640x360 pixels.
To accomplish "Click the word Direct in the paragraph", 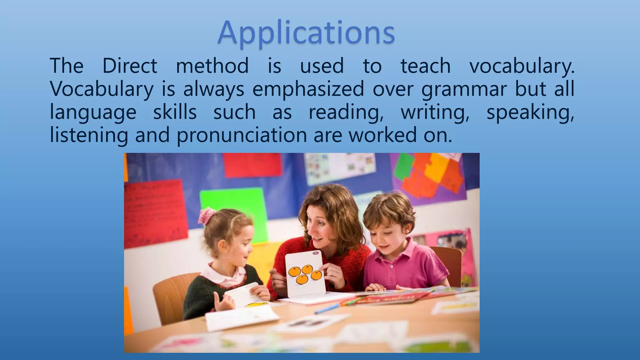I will [130, 66].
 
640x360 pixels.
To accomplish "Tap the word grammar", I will [464, 89].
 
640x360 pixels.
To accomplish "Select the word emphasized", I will [308, 89].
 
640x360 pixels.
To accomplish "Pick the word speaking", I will [530, 112].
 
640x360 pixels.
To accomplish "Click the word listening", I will [89, 135].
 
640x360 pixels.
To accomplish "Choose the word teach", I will [425, 66].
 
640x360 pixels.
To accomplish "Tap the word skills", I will [175, 112].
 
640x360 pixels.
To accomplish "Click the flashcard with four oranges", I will [305, 273].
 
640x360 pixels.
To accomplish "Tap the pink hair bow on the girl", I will [207, 215].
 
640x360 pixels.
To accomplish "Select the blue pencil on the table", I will [327, 308].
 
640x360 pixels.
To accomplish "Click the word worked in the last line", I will [383, 135].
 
